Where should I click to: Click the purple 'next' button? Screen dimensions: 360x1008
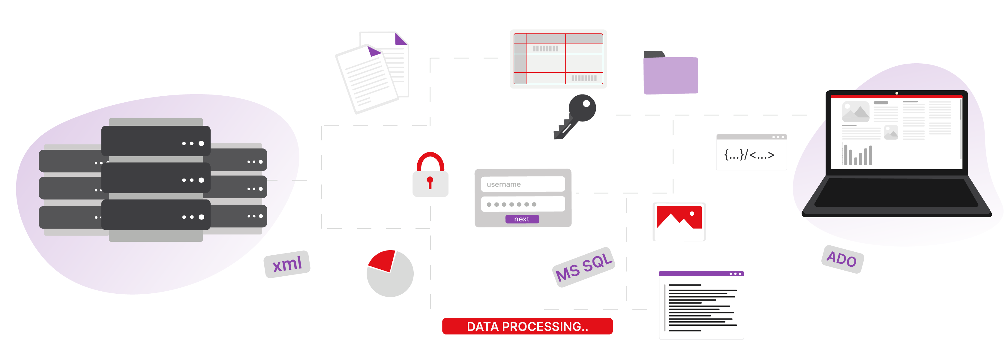coord(522,219)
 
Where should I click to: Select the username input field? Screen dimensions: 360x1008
coord(523,184)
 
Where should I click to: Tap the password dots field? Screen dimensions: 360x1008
coord(523,204)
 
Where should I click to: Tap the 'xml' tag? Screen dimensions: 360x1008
coord(287,264)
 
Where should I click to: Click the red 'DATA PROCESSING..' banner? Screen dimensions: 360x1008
coord(527,326)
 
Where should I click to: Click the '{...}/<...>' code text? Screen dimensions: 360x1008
coord(749,155)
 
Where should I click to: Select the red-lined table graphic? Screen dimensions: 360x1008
coord(558,59)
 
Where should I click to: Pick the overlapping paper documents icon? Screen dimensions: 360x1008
coord(372,72)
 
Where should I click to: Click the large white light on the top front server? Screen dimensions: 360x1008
coord(201,143)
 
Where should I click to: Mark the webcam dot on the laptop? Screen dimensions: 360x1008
coord(896,93)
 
